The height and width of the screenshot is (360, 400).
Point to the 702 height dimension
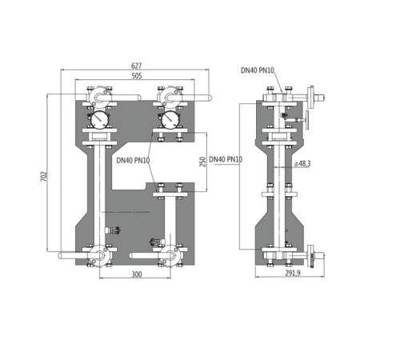click(x=45, y=174)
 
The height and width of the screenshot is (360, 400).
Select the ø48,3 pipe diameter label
click(x=302, y=163)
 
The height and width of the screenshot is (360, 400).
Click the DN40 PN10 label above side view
click(x=258, y=70)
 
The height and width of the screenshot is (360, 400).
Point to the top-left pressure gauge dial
click(x=97, y=119)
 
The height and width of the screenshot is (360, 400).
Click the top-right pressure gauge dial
click(x=170, y=119)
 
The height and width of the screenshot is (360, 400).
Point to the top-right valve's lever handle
click(x=194, y=99)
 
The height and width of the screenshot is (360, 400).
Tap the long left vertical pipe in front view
click(x=97, y=192)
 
